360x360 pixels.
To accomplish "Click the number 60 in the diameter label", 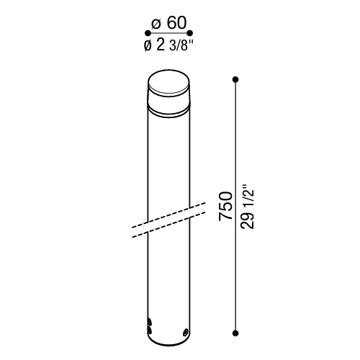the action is (x=176, y=23).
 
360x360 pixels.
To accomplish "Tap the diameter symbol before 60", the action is (x=156, y=24).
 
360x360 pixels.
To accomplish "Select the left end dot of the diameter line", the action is (x=148, y=32).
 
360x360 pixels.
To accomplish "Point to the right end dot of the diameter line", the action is (x=190, y=32).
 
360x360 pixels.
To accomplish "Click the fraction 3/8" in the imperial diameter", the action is (x=181, y=45).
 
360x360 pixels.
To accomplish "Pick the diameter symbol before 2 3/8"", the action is (x=148, y=45).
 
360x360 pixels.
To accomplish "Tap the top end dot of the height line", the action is (x=235, y=79).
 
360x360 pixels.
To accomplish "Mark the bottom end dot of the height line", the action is (x=235, y=333).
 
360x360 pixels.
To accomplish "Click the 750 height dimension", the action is (x=226, y=206).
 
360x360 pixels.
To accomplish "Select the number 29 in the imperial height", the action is (x=248, y=220).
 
